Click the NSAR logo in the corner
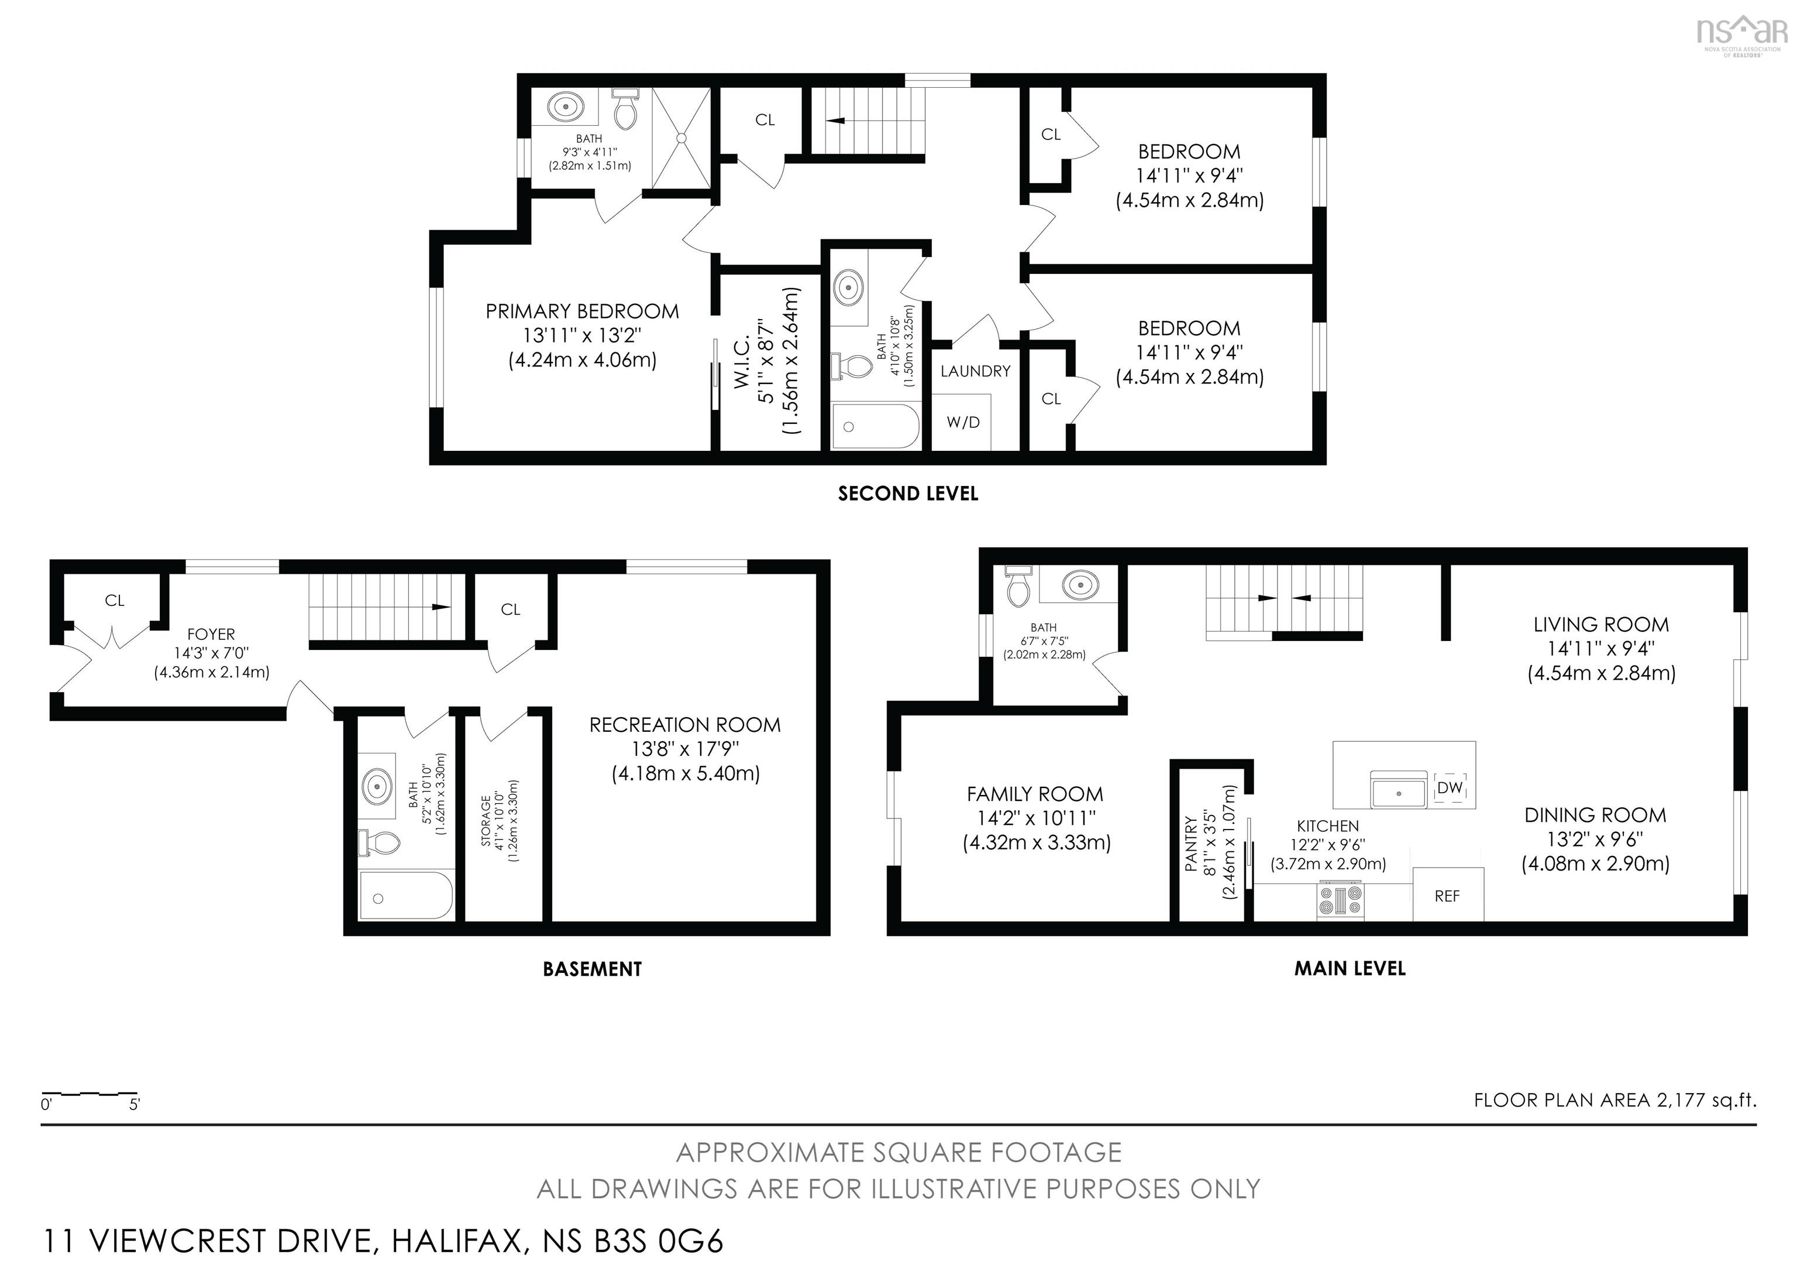click(x=1741, y=33)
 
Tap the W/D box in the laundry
click(x=963, y=422)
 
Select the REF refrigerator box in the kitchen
click(x=1447, y=896)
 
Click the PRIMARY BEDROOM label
click(x=581, y=311)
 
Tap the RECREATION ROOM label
click(x=685, y=725)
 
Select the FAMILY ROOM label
click(x=1035, y=794)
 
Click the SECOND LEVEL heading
click(x=907, y=494)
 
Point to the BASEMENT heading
click(x=592, y=969)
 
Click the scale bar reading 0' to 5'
click(x=89, y=1097)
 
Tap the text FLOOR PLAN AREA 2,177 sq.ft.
click(x=1614, y=1100)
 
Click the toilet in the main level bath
click(x=1017, y=588)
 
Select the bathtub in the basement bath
click(x=405, y=896)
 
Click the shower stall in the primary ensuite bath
click(x=681, y=138)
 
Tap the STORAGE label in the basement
click(x=486, y=820)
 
